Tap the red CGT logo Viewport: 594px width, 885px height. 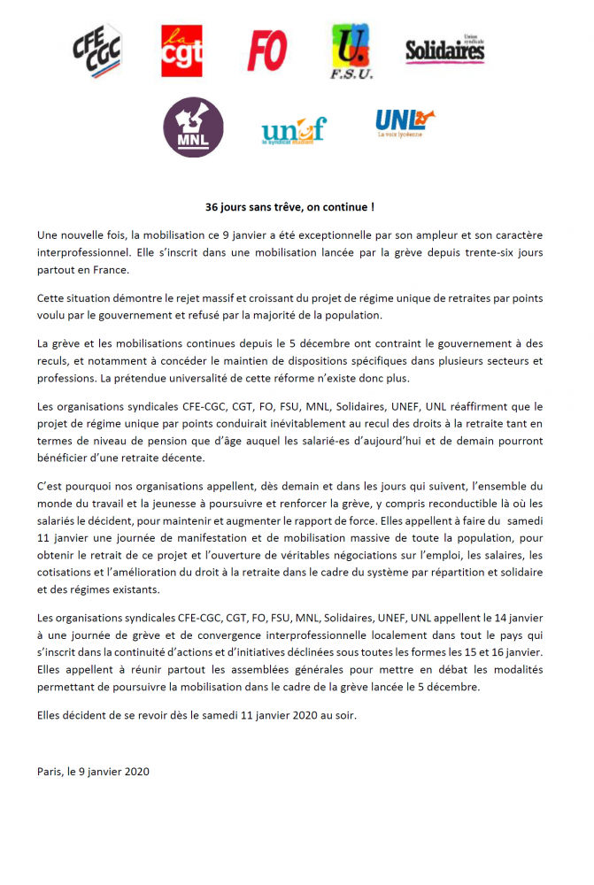[x=182, y=50]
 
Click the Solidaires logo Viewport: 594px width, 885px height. [x=445, y=50]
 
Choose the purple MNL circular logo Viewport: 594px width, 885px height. [x=194, y=127]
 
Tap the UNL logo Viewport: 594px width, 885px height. [x=404, y=123]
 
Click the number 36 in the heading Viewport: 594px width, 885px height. [x=212, y=207]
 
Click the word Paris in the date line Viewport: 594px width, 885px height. [x=50, y=771]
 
